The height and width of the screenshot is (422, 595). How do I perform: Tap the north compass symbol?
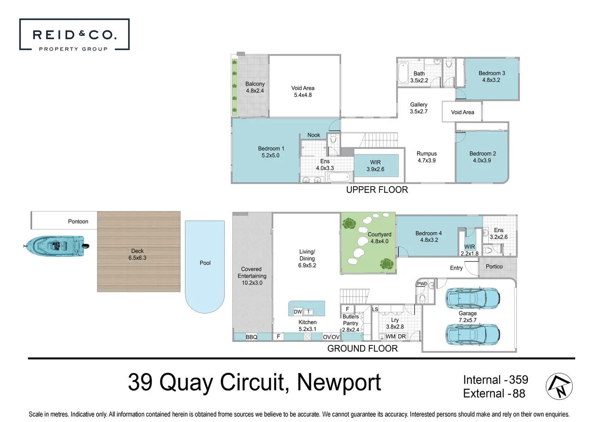[x=559, y=386]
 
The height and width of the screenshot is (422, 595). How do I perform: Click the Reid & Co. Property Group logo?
[x=74, y=35]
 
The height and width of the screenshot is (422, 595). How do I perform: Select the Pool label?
[x=205, y=263]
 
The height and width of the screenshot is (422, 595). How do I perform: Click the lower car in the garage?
[x=472, y=335]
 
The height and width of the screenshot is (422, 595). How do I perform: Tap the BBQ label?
[x=251, y=337]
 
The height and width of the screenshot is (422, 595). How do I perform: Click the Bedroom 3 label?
[x=492, y=73]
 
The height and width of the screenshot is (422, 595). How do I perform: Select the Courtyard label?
[x=379, y=234]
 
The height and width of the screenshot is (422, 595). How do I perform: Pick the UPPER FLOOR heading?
[x=377, y=190]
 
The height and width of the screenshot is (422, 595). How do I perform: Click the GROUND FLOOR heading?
[x=362, y=349]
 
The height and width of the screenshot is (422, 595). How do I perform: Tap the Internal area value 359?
[x=518, y=380]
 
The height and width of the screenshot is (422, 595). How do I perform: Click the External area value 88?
[x=519, y=394]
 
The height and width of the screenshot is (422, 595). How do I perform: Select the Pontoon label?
[x=78, y=222]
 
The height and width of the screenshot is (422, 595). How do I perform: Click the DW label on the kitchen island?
[x=298, y=312]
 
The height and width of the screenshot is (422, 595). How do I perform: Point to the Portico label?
[x=494, y=267]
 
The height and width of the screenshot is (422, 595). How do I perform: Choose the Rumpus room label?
[x=426, y=154]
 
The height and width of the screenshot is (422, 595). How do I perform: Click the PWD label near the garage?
[x=422, y=284]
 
